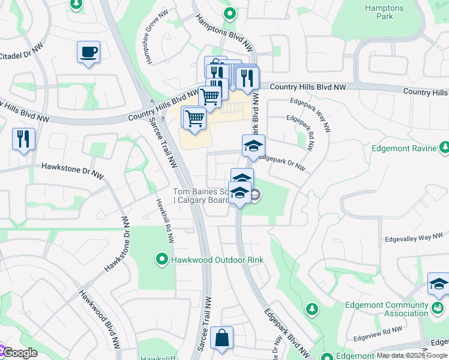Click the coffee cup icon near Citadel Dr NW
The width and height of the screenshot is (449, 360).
[x=88, y=52]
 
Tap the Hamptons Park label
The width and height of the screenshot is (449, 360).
[x=385, y=12]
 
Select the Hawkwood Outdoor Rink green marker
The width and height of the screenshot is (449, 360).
[x=161, y=260]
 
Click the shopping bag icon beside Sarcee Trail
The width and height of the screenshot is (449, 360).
[x=221, y=337]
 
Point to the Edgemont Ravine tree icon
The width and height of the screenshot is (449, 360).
[x=444, y=148]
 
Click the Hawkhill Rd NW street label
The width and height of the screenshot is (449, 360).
[x=164, y=221]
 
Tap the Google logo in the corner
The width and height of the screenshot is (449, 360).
[x=19, y=353]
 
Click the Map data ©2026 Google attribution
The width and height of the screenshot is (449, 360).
[x=412, y=355]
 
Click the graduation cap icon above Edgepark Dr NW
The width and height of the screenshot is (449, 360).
[x=253, y=146]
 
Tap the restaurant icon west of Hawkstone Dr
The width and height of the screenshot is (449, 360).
[x=23, y=139]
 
